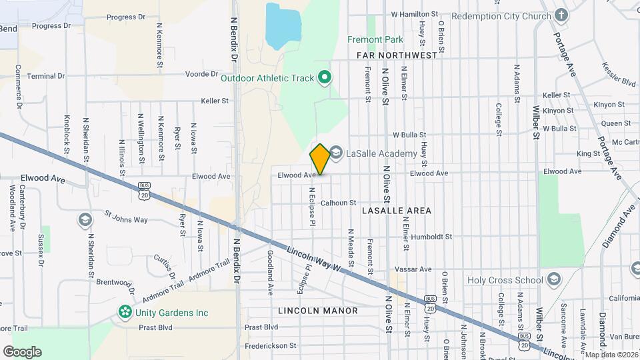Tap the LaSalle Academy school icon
[335, 153]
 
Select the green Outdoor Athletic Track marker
[325, 79]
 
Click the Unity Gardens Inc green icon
[124, 312]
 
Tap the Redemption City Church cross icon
[561, 15]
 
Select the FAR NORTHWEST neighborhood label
[397, 55]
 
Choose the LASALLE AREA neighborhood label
[397, 211]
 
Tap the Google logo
[22, 352]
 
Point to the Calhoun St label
[339, 203]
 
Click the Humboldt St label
[431, 237]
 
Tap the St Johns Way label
[126, 219]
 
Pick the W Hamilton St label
[414, 13]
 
